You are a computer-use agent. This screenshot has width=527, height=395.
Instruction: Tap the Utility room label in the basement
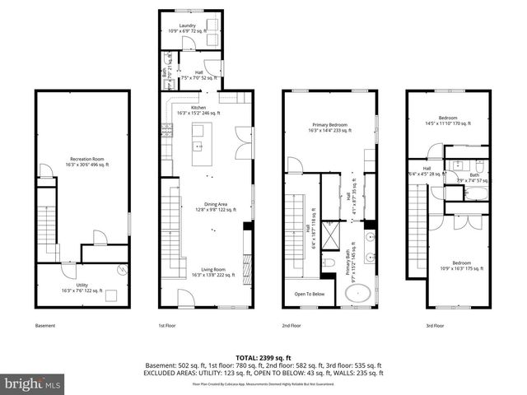pos(82,287)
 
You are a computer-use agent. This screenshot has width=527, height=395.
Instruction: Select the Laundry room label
pos(188,28)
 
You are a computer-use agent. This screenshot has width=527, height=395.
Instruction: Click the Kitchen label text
pos(198,110)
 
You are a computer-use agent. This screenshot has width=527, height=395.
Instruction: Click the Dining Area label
pos(209,207)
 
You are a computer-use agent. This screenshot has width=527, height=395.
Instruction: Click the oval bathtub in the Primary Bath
pos(357,294)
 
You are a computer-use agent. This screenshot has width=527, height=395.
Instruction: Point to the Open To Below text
pos(308,293)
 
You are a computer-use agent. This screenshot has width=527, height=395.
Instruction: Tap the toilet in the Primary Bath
pos(329,263)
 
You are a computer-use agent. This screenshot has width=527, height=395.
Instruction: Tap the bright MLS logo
pos(33,383)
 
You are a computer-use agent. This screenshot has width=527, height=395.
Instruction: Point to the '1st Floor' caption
pos(168,326)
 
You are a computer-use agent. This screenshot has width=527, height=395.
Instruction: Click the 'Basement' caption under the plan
pos(45,326)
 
